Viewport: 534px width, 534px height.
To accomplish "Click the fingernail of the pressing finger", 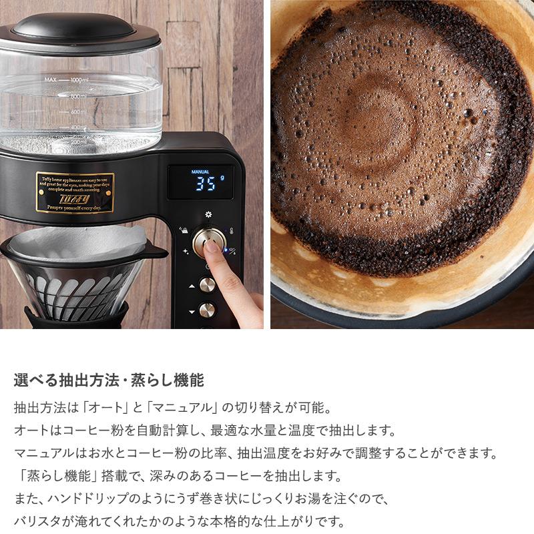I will (212, 248).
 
